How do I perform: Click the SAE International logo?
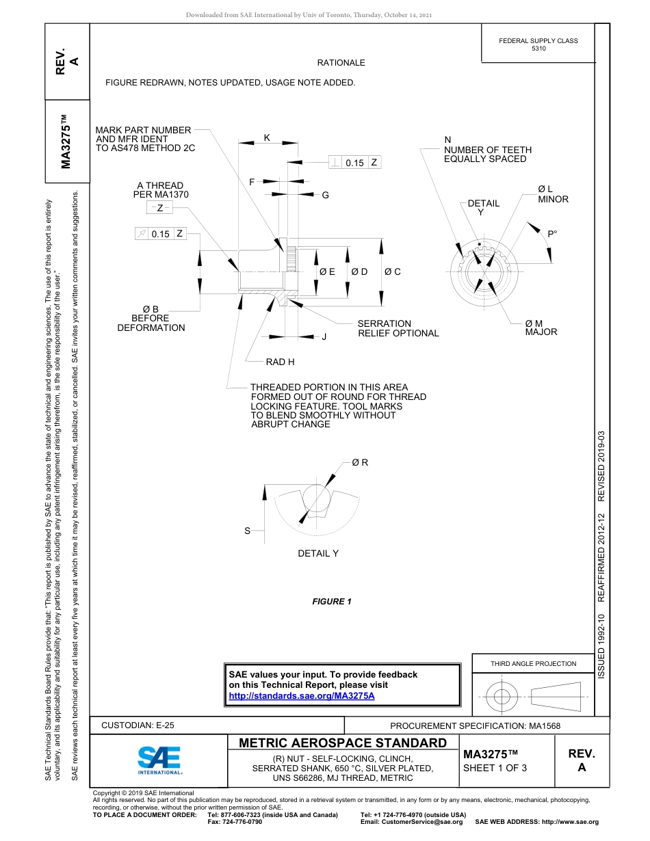tap(159, 758)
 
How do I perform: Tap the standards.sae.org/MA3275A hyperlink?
tap(301, 696)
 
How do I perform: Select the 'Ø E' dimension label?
tap(327, 271)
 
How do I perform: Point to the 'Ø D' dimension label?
tap(360, 271)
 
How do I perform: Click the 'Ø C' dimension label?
tap(393, 271)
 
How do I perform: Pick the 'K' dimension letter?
tap(267, 137)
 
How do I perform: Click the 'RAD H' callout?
tap(280, 362)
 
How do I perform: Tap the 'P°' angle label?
tap(552, 234)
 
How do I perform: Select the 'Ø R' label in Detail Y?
tap(360, 462)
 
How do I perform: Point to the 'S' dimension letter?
tap(248, 531)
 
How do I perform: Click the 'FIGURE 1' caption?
tap(332, 602)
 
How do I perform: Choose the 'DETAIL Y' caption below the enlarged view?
tap(318, 553)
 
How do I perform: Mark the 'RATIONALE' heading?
tap(341, 63)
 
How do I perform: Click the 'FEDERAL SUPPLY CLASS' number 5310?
tap(538, 49)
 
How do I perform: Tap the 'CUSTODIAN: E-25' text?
tap(138, 725)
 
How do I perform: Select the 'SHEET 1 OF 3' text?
tap(495, 767)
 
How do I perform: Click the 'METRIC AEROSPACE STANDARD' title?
tap(343, 743)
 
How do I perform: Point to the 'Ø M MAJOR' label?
tap(541, 328)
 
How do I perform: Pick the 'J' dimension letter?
tap(324, 336)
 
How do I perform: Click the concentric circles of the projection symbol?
tap(502, 697)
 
